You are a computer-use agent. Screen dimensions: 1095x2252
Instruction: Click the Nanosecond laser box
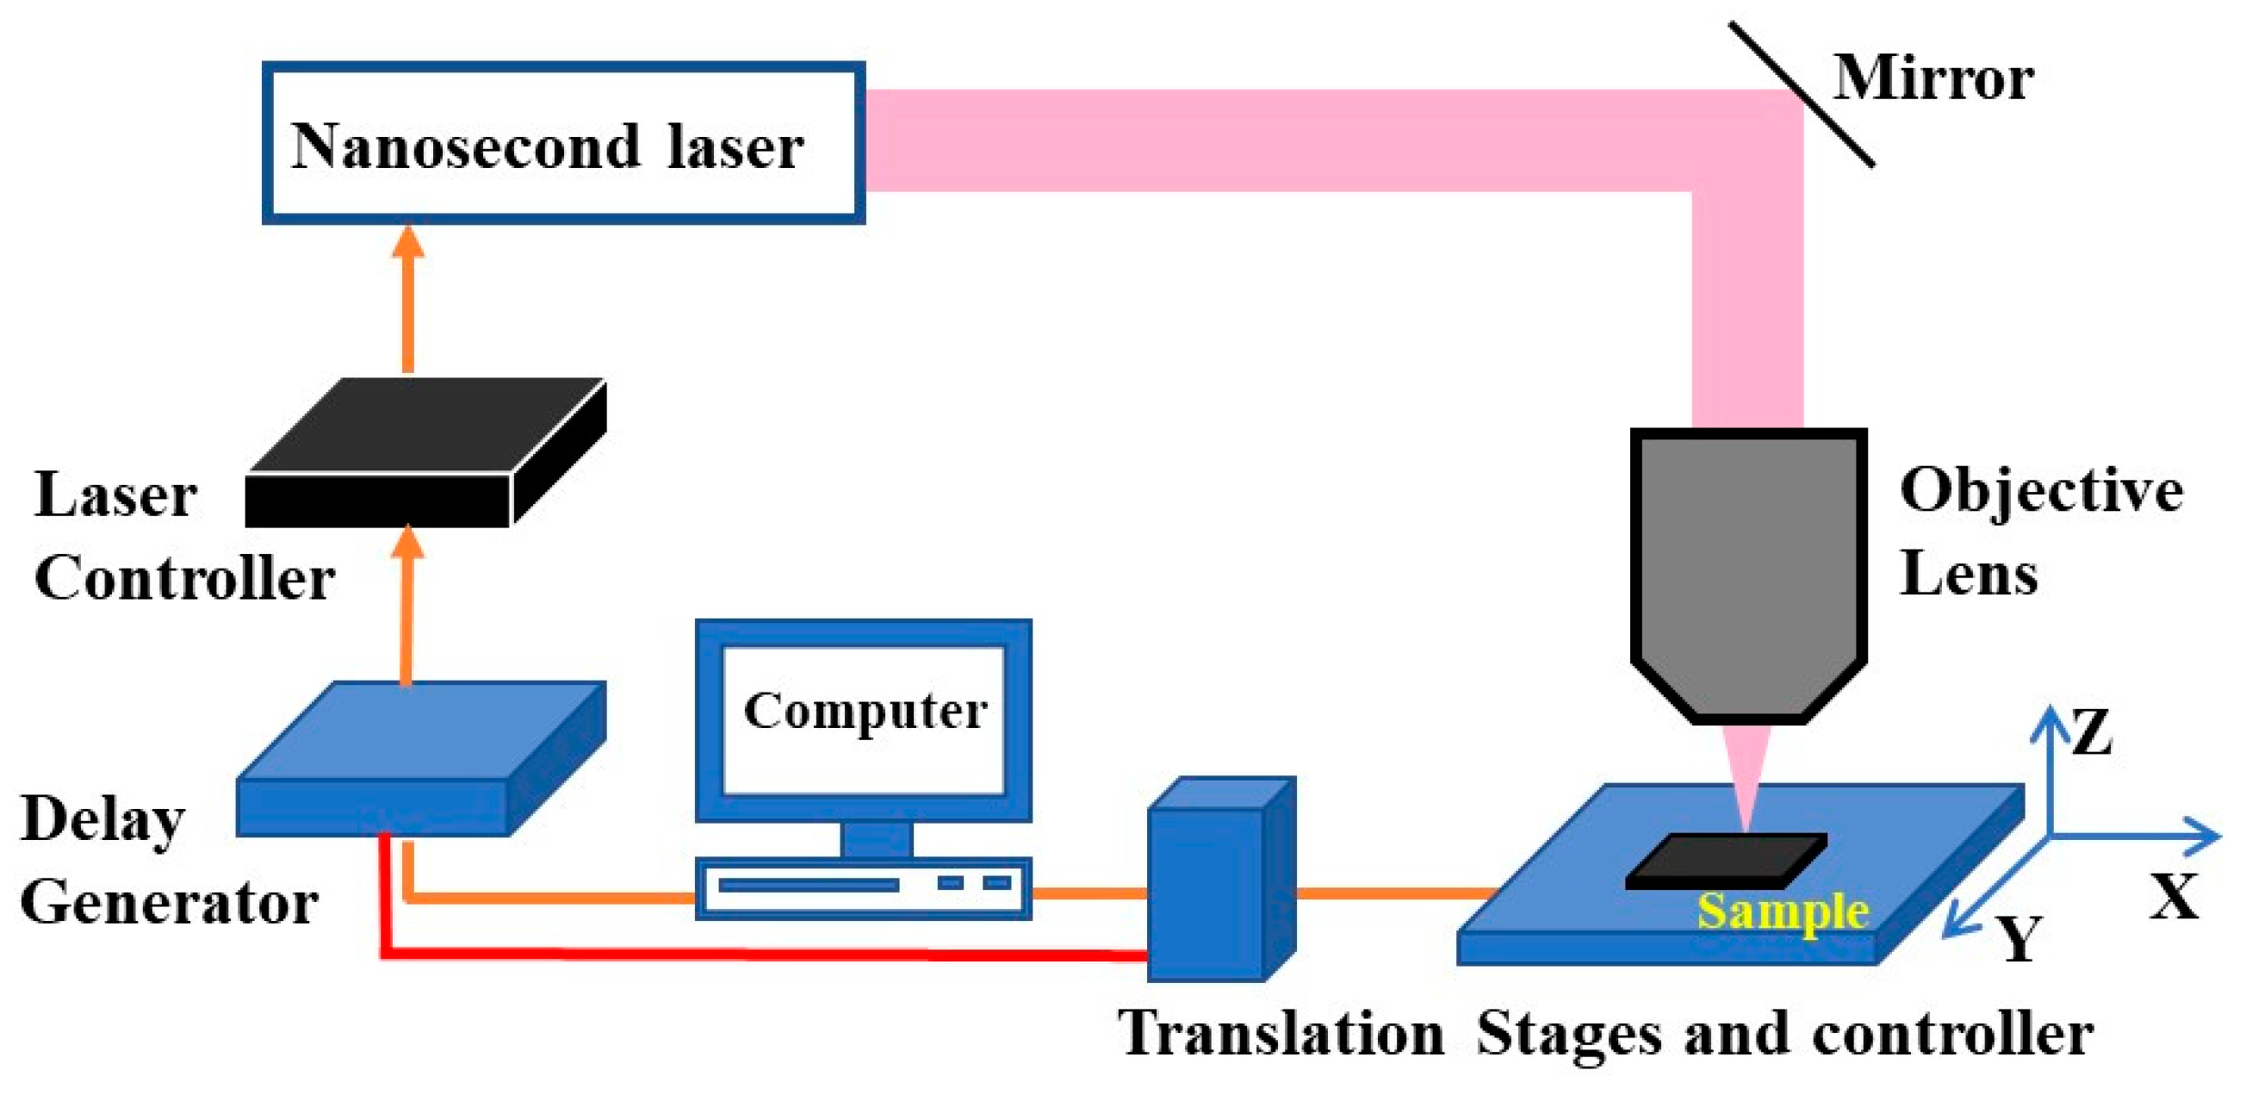tap(564, 142)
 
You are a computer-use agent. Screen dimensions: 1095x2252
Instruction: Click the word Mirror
tap(1933, 78)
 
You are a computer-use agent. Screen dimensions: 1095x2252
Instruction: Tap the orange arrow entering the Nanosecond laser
tap(407, 297)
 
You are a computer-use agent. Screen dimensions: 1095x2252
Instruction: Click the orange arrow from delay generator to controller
tap(407, 603)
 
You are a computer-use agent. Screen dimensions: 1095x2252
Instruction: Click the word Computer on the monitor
tap(865, 710)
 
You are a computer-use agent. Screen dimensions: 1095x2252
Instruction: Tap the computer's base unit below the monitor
tap(864, 888)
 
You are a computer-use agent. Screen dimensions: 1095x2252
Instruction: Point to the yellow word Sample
tap(1783, 911)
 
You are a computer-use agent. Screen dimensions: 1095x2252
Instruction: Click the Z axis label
tap(2092, 733)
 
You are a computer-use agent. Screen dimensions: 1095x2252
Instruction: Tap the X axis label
tap(2174, 897)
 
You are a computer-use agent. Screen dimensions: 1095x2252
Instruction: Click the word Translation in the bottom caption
tap(1281, 1035)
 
